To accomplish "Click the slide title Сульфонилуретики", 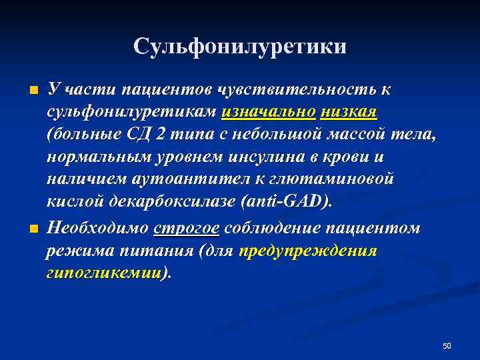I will tap(240, 46).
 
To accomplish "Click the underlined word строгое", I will tap(187, 228).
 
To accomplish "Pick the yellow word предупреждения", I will tap(308, 251).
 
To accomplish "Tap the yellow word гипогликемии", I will tap(104, 273).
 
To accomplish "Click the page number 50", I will tap(447, 345).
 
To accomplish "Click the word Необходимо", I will tap(98, 228).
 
